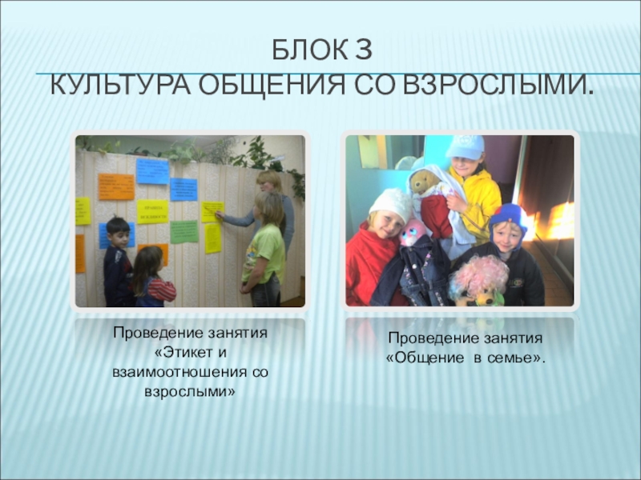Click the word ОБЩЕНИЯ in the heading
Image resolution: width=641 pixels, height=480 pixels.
[265, 84]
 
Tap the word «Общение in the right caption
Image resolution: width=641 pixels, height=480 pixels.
[427, 358]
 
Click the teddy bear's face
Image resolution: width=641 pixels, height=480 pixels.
[422, 183]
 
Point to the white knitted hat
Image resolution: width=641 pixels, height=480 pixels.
[390, 204]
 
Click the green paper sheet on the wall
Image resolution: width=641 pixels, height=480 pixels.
[183, 231]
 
